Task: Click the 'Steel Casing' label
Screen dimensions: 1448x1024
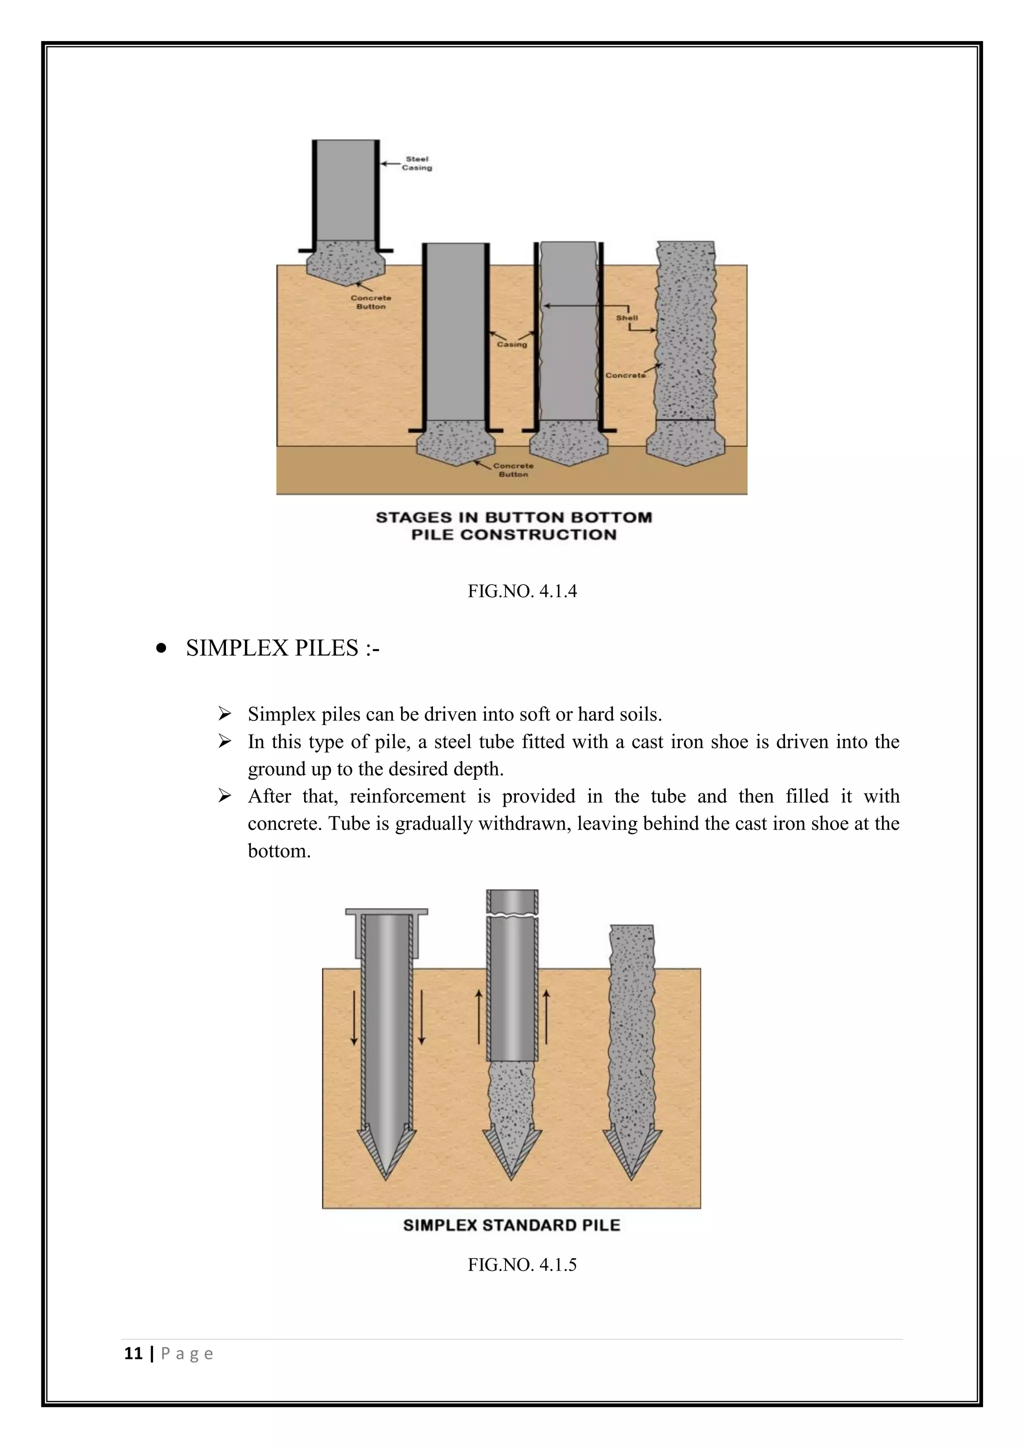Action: pyautogui.click(x=417, y=163)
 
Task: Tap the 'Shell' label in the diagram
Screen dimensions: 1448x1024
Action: pyautogui.click(x=627, y=318)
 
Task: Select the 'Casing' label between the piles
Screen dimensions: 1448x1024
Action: pyautogui.click(x=511, y=344)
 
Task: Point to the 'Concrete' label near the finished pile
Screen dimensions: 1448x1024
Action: pyautogui.click(x=625, y=375)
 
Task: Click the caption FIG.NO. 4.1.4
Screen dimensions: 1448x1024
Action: pyautogui.click(x=522, y=591)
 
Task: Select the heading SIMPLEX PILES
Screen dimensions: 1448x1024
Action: pyautogui.click(x=282, y=648)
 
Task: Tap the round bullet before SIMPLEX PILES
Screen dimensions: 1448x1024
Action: pyautogui.click(x=161, y=648)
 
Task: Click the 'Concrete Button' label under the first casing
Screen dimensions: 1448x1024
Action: pyautogui.click(x=371, y=302)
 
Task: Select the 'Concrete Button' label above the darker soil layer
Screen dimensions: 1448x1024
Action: pyautogui.click(x=513, y=470)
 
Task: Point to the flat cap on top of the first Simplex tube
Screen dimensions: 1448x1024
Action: pyautogui.click(x=386, y=912)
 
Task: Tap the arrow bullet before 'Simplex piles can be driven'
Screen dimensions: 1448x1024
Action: pyautogui.click(x=224, y=714)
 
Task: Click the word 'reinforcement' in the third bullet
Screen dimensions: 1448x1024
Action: pyautogui.click(x=407, y=796)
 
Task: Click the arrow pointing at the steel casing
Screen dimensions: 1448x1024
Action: pyautogui.click(x=390, y=164)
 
